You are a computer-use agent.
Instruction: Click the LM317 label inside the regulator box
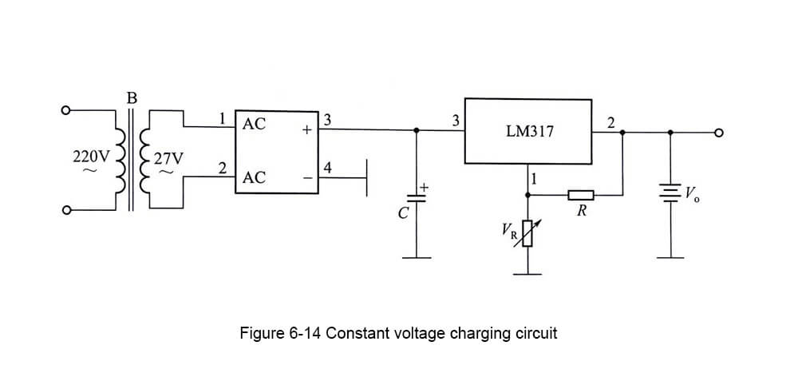(x=529, y=130)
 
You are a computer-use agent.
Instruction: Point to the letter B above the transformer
(x=132, y=99)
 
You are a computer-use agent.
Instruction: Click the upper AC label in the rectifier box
(x=254, y=125)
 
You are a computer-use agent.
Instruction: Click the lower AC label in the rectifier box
(x=254, y=178)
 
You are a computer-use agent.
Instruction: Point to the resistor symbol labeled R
(x=581, y=194)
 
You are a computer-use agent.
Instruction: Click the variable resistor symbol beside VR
(x=527, y=232)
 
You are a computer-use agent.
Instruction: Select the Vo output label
(x=693, y=192)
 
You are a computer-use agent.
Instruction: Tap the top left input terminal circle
(x=68, y=109)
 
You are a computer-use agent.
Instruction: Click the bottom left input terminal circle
(x=68, y=211)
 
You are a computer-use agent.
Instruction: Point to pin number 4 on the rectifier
(x=328, y=167)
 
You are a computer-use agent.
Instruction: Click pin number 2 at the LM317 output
(x=610, y=122)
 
